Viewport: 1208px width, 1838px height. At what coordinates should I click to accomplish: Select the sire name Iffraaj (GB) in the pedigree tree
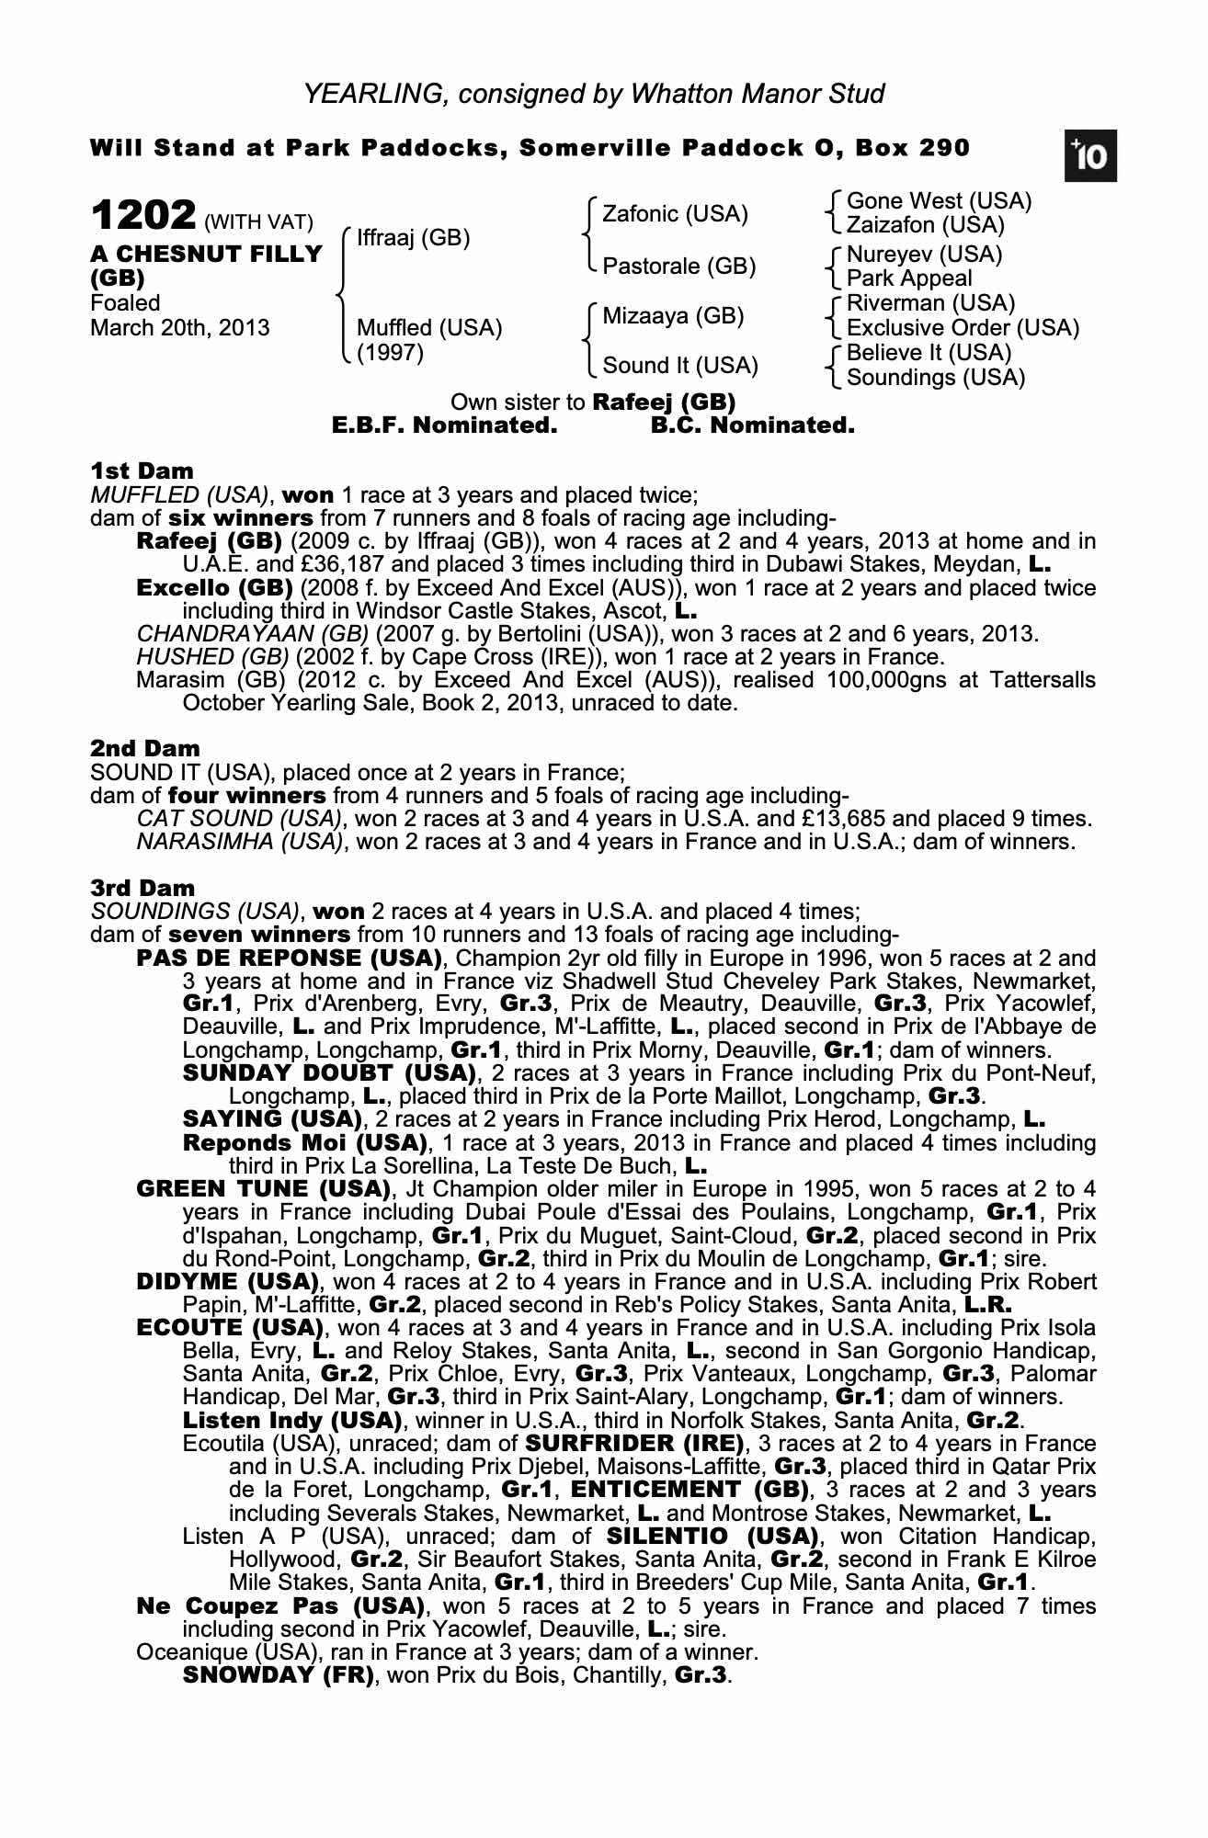coord(413,238)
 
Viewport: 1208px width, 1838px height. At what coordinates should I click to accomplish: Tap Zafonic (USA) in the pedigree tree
coord(675,214)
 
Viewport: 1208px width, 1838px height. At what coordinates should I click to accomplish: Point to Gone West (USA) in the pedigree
coord(939,201)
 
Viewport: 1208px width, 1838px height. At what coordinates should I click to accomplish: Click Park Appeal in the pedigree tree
coord(908,278)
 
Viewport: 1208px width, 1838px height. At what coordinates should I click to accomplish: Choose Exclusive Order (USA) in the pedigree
coord(963,328)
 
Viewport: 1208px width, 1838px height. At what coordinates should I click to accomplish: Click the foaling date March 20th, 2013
coord(180,327)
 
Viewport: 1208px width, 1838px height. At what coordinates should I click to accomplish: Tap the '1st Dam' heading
coord(142,471)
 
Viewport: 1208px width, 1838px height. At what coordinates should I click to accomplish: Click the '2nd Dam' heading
coord(145,748)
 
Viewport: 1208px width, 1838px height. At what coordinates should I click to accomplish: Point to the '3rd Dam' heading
coord(143,888)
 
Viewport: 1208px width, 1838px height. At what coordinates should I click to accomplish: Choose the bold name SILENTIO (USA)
coord(712,1537)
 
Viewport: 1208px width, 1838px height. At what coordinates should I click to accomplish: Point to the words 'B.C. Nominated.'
coord(752,425)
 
